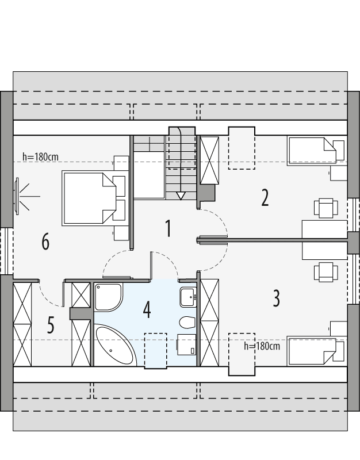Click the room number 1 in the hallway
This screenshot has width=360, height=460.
coord(168,228)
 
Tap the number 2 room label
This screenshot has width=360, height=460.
coord(265,198)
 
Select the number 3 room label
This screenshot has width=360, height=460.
coord(276,298)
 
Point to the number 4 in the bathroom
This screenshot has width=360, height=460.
coord(147,310)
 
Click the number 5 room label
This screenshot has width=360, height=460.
coord(51,326)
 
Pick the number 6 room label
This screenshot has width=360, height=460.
coord(45,242)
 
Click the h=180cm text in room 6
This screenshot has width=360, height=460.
coord(40,156)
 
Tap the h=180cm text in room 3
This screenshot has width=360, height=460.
coord(262,346)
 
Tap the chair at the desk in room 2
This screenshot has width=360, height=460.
coord(325,208)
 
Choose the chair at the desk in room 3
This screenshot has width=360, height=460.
coord(325,271)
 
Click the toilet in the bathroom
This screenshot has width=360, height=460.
coord(187,321)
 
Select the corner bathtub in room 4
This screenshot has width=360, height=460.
coord(113,346)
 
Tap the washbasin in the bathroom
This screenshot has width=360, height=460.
coord(188,297)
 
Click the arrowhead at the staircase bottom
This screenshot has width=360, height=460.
coord(182,196)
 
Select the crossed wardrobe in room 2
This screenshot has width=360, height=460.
coord(209,160)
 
